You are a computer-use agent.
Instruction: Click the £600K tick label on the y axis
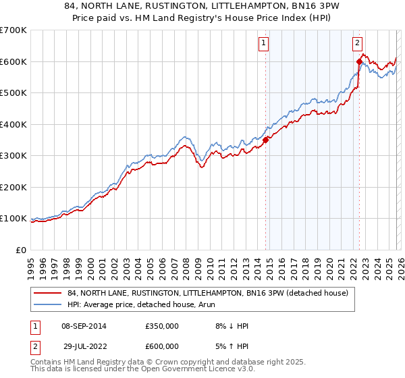pyautogui.click(x=13, y=61)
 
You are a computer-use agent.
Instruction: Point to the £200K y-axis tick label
pyautogui.click(x=13, y=187)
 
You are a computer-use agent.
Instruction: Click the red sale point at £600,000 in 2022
pyautogui.click(x=359, y=61)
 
